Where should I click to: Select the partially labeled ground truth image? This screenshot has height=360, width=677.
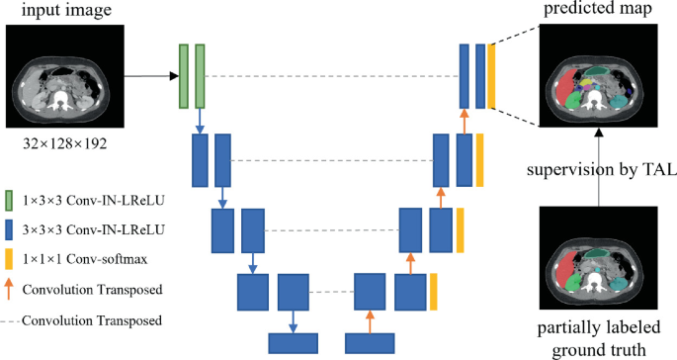coord(597,258)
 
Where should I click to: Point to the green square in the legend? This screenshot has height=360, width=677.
coord(9,199)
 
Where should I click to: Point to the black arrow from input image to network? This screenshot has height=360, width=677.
coord(148,76)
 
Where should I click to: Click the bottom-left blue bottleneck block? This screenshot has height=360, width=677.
coord(298,343)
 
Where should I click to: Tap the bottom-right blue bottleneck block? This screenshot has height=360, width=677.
coord(371,343)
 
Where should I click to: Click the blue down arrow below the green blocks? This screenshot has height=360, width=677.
coord(201,121)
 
